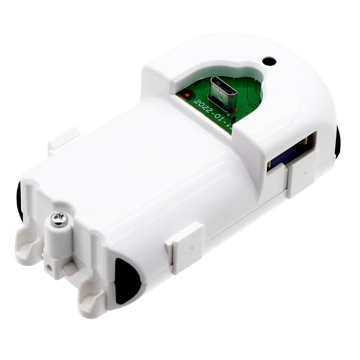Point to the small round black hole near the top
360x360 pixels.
click(x=269, y=62)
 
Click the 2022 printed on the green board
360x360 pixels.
click(x=202, y=107)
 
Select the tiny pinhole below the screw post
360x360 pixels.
click(x=49, y=267)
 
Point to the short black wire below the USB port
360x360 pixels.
click(x=233, y=120)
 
